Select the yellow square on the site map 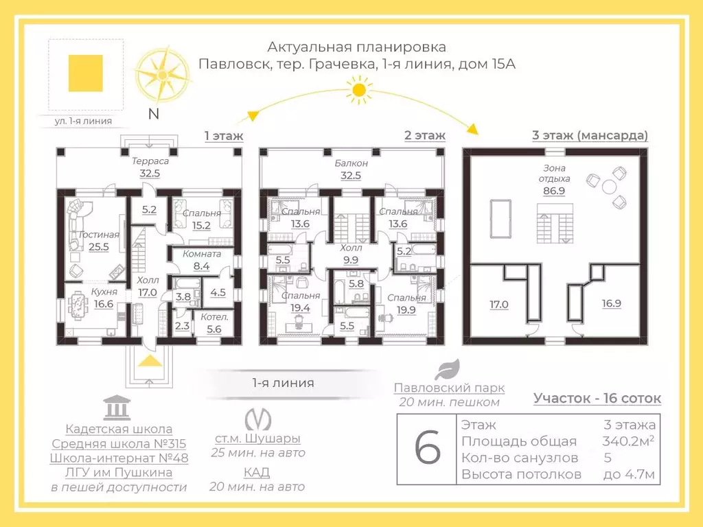click(x=86, y=73)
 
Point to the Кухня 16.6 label click(x=104, y=297)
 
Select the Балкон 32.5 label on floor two click(x=351, y=169)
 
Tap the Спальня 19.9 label click(x=406, y=304)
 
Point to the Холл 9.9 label click(x=351, y=255)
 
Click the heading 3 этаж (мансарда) click(x=590, y=135)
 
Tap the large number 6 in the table click(x=428, y=449)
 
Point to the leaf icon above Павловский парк click(x=449, y=369)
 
